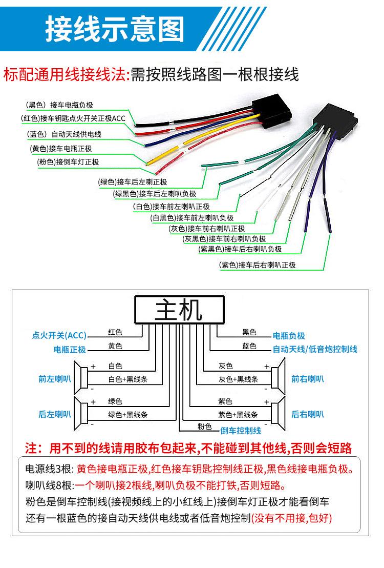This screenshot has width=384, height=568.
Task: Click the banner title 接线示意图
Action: click(115, 29)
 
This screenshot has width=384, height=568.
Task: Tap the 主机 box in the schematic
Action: click(179, 310)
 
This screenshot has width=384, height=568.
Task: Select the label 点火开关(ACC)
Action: click(59, 336)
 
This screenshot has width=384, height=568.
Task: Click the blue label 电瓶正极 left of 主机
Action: click(70, 349)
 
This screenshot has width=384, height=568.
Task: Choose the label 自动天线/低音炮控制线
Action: click(314, 349)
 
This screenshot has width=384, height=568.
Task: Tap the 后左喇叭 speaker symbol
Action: click(80, 413)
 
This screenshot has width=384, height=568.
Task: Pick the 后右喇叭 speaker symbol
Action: click(278, 413)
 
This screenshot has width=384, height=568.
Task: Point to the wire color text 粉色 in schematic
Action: click(204, 426)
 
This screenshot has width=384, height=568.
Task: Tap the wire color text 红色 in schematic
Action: click(115, 332)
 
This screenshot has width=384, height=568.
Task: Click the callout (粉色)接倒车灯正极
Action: click(68, 162)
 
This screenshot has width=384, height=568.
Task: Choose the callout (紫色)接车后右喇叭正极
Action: click(257, 265)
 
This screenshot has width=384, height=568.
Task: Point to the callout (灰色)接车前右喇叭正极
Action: click(206, 228)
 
